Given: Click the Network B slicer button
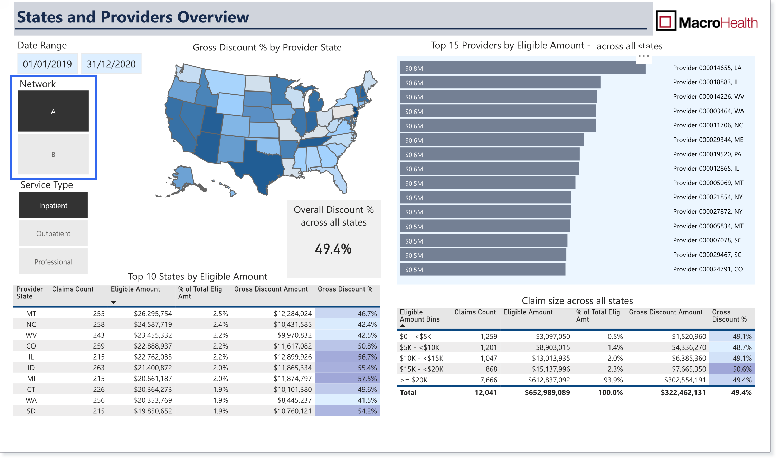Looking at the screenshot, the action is click(x=53, y=154).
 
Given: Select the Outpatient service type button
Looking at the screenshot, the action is click(x=53, y=233).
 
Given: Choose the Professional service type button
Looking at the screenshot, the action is click(x=53, y=261).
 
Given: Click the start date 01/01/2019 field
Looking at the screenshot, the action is click(x=48, y=64).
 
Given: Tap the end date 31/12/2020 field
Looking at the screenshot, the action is click(x=111, y=64).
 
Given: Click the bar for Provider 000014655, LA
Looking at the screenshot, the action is click(x=523, y=68).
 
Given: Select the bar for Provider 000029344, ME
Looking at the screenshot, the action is click(x=492, y=140).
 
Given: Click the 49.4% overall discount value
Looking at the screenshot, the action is click(x=333, y=249).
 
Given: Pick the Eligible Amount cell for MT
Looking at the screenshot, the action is click(x=153, y=314).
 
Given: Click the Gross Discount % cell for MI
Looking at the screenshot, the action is click(x=367, y=379).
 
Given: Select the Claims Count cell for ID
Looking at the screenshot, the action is click(x=98, y=368).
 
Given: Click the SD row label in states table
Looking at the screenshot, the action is click(x=31, y=411).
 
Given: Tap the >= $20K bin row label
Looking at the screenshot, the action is click(x=414, y=380).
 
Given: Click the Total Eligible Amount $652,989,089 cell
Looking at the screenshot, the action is click(x=547, y=392).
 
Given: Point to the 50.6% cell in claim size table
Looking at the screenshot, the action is click(x=742, y=369).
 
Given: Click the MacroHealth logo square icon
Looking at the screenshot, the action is click(x=666, y=21).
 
